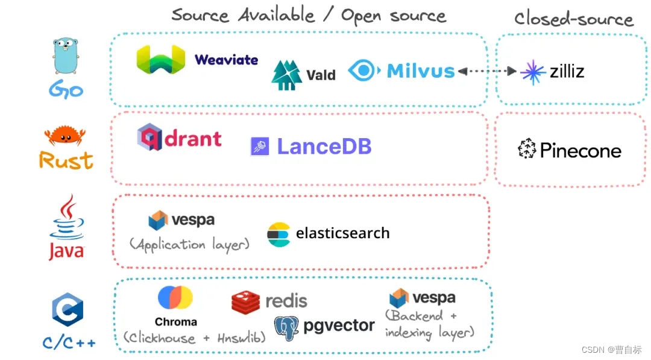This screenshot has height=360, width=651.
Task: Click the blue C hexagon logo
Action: [67, 311]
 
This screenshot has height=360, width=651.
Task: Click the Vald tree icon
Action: [286, 75]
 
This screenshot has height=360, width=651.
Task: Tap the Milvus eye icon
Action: [364, 71]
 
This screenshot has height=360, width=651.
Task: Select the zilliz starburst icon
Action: [533, 72]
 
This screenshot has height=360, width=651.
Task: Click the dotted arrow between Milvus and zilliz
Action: [487, 71]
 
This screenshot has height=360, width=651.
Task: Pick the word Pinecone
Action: [580, 150]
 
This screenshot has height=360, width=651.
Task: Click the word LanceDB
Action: [324, 147]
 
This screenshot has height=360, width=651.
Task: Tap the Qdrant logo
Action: [179, 138]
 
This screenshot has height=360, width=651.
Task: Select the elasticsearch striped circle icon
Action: [279, 234]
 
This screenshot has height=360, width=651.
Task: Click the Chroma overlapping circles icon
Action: [175, 298]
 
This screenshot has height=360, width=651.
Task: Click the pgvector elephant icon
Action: [286, 327]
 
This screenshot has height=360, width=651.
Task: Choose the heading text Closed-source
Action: [573, 19]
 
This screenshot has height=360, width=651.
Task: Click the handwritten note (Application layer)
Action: [189, 244]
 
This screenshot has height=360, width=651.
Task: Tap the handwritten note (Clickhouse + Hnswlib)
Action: [194, 338]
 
